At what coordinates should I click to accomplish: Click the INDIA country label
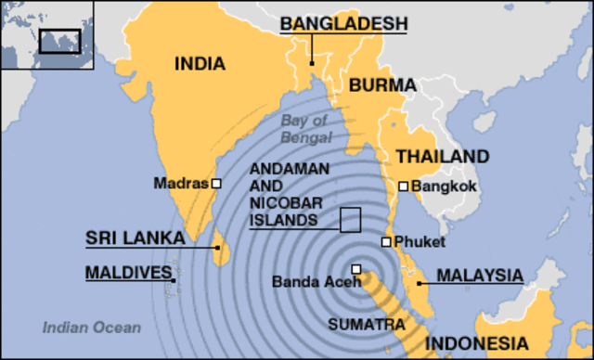pyautogui.click(x=200, y=63)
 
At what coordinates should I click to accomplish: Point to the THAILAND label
pyautogui.click(x=443, y=156)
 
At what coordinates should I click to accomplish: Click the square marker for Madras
pyautogui.click(x=216, y=184)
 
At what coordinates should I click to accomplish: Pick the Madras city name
pyautogui.click(x=181, y=184)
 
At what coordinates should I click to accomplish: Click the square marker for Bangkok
pyautogui.click(x=403, y=186)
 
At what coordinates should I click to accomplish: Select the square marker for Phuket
pyautogui.click(x=386, y=242)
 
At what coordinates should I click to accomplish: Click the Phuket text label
pyautogui.click(x=420, y=242)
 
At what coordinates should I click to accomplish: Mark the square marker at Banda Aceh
pyautogui.click(x=355, y=270)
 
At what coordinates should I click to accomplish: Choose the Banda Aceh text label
pyautogui.click(x=311, y=281)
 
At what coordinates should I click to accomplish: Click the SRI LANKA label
pyautogui.click(x=135, y=238)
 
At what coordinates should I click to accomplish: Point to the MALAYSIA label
pyautogui.click(x=480, y=275)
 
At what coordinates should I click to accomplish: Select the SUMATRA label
pyautogui.click(x=367, y=325)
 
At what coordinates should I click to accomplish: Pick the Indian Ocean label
pyautogui.click(x=92, y=327)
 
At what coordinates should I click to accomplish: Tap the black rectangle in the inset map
pyautogui.click(x=60, y=40)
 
